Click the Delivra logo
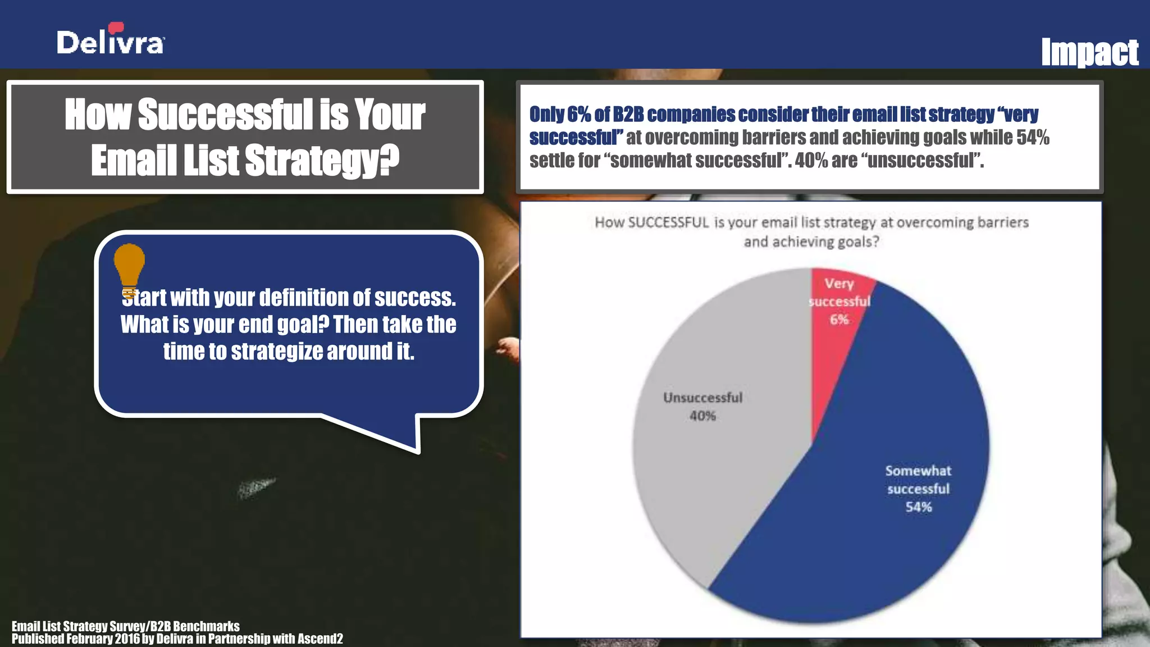pyautogui.click(x=110, y=40)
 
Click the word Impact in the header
pyautogui.click(x=1089, y=53)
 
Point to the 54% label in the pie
pyautogui.click(x=919, y=507)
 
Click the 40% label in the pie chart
pyautogui.click(x=702, y=416)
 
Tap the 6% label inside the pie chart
pyautogui.click(x=839, y=320)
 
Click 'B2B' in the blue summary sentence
pyautogui.click(x=628, y=114)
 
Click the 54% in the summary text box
pyautogui.click(x=1033, y=137)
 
